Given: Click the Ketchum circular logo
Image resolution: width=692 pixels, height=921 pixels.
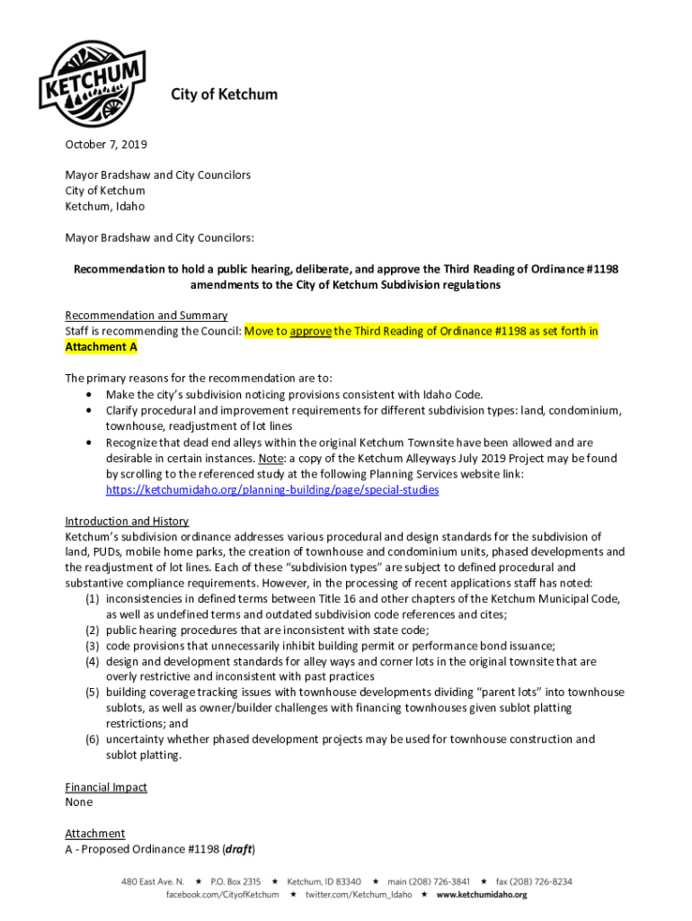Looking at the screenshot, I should click(91, 73).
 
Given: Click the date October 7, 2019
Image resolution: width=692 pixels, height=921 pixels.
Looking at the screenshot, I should click(106, 144).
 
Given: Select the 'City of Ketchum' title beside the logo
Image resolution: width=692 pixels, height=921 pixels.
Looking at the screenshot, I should click(224, 94).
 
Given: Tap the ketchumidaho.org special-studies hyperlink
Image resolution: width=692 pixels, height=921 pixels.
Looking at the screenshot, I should click(272, 490).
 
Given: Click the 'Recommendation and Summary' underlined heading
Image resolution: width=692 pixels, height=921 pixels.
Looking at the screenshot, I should click(146, 316).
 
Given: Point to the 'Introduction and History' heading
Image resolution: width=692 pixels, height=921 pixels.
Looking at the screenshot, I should click(127, 522).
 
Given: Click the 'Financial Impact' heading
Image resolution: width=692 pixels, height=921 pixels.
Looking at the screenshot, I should click(106, 787).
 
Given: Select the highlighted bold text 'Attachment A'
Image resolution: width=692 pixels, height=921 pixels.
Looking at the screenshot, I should click(102, 346).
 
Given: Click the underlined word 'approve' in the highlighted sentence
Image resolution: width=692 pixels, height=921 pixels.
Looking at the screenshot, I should click(310, 331).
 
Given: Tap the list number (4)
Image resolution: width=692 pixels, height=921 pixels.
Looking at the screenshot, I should click(93, 662).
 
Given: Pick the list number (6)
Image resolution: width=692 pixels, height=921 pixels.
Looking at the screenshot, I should click(93, 739).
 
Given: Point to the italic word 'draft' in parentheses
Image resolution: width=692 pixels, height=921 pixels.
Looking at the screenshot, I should click(237, 849).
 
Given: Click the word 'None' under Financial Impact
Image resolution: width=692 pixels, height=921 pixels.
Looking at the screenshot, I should click(79, 802).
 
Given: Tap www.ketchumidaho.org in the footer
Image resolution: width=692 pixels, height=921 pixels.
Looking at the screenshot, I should click(483, 895).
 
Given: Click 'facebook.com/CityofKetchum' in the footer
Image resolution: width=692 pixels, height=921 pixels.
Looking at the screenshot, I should click(222, 895).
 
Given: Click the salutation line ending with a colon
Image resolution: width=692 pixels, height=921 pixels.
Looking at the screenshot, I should click(160, 238).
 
